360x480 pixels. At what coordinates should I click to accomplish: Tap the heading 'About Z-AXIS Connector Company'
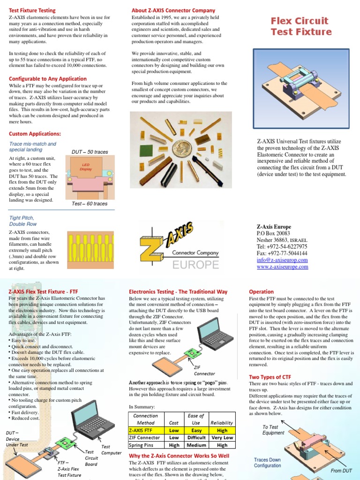tap(173, 10)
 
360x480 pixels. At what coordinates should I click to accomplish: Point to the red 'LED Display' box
tap(86, 167)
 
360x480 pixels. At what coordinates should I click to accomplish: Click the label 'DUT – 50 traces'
tap(90, 152)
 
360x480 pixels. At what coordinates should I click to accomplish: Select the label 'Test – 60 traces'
tap(90, 204)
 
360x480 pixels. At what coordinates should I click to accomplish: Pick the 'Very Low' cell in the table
tap(222, 437)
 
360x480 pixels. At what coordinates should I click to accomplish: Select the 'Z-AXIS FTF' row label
tap(145, 430)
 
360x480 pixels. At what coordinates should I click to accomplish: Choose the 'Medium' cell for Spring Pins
tap(196, 445)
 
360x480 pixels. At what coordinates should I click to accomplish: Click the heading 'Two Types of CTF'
tap(270, 377)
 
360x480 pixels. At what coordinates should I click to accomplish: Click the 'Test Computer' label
tap(112, 450)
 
